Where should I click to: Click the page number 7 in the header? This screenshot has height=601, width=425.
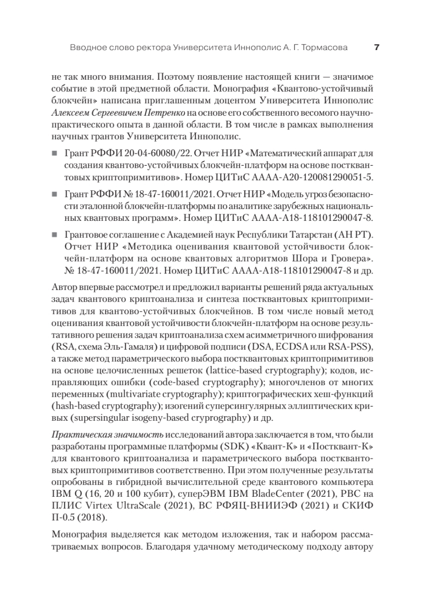(376, 48)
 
